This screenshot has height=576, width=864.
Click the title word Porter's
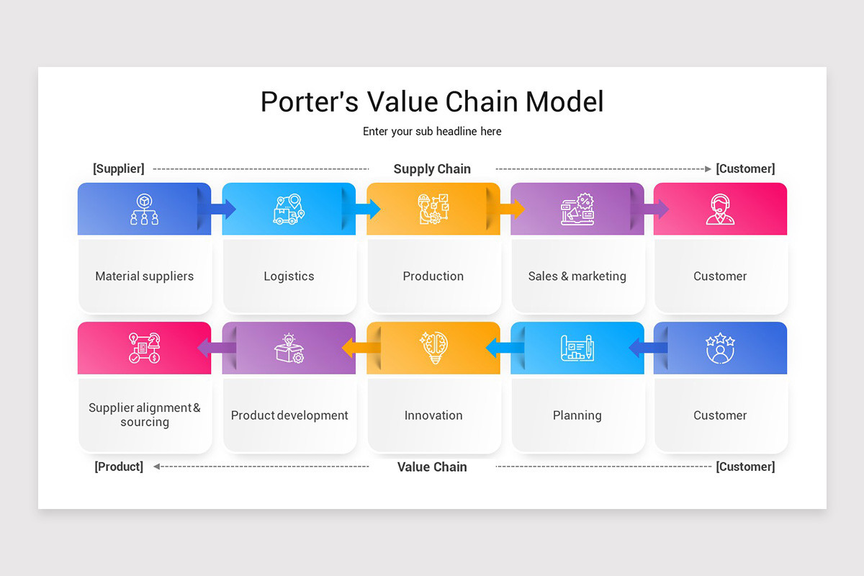coord(309,102)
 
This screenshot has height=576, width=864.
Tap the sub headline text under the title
coord(432,131)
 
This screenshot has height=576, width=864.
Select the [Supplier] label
coord(119,168)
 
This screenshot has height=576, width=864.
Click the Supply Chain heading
coord(432,168)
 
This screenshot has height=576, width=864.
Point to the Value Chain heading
coord(432,467)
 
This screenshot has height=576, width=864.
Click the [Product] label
coord(119,467)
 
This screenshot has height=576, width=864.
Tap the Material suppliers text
coord(145,276)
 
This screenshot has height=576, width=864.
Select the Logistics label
coord(289,276)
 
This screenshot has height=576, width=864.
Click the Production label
coord(433,276)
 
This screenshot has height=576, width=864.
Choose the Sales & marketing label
coord(577,276)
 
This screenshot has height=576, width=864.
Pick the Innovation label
coord(433,415)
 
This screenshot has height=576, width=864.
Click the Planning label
coord(577,415)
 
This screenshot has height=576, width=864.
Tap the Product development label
coord(289,415)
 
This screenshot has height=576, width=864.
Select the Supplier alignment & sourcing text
coord(145,415)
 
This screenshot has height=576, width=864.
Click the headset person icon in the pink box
coord(720,209)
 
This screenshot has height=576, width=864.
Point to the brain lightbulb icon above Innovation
coord(433,348)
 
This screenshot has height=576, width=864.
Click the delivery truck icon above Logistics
coord(289,209)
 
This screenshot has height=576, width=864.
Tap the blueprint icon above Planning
coord(577,348)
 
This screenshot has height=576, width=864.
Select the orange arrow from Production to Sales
coord(512,209)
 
